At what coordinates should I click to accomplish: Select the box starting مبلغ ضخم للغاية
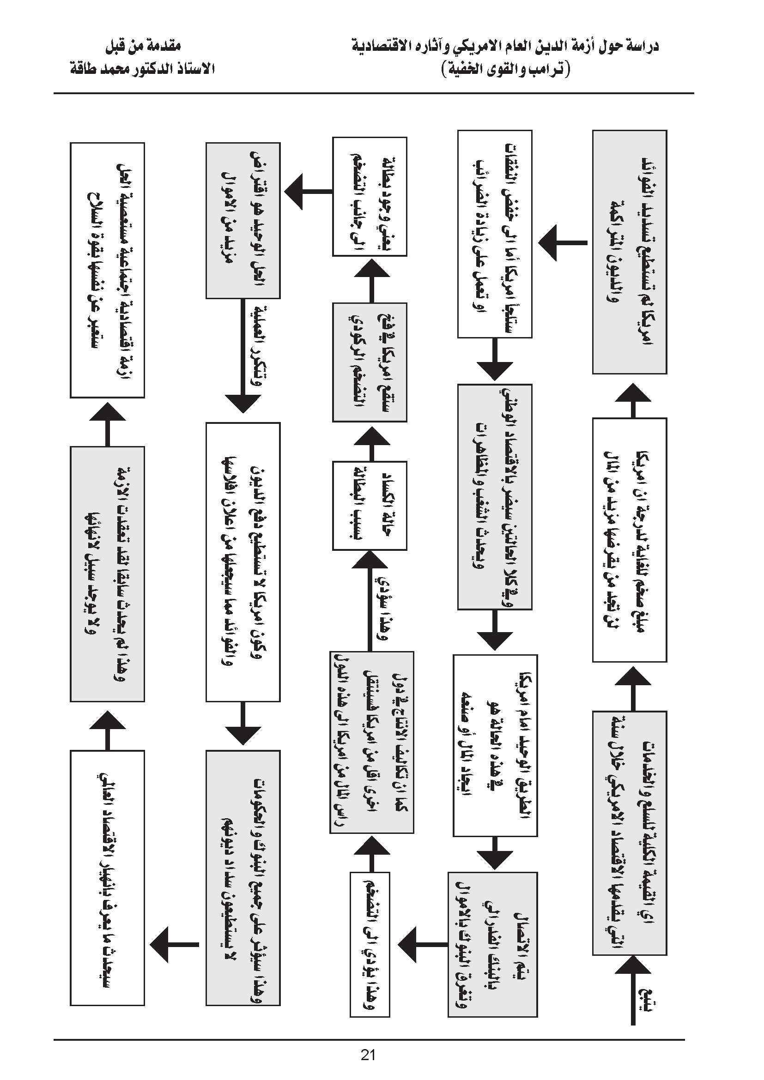pyautogui.click(x=630, y=539)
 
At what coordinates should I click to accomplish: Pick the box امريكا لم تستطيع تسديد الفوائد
pyautogui.click(x=630, y=252)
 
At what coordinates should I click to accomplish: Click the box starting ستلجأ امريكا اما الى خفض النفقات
pyautogui.click(x=494, y=234)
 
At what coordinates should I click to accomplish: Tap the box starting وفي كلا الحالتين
pyautogui.click(x=494, y=497)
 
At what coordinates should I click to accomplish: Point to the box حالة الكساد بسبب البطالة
pyautogui.click(x=370, y=505)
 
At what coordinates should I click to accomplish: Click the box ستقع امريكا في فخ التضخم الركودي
pyautogui.click(x=370, y=362)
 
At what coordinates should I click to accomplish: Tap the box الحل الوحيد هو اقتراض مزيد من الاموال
pyautogui.click(x=243, y=220)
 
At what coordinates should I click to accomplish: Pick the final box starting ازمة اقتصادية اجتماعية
pyautogui.click(x=107, y=270)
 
